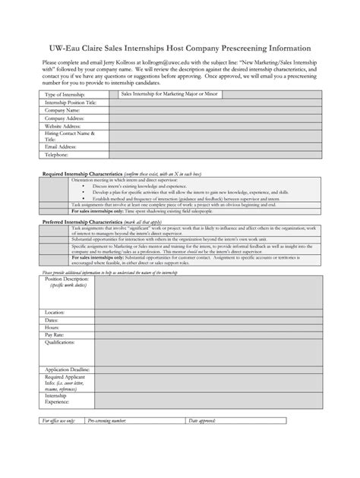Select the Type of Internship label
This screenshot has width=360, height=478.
coord(64,96)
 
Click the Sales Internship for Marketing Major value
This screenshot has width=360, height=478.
coord(158,96)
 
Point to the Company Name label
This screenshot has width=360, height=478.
coord(62,110)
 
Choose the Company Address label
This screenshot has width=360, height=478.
coord(65,118)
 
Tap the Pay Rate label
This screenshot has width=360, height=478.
coord(54,334)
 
